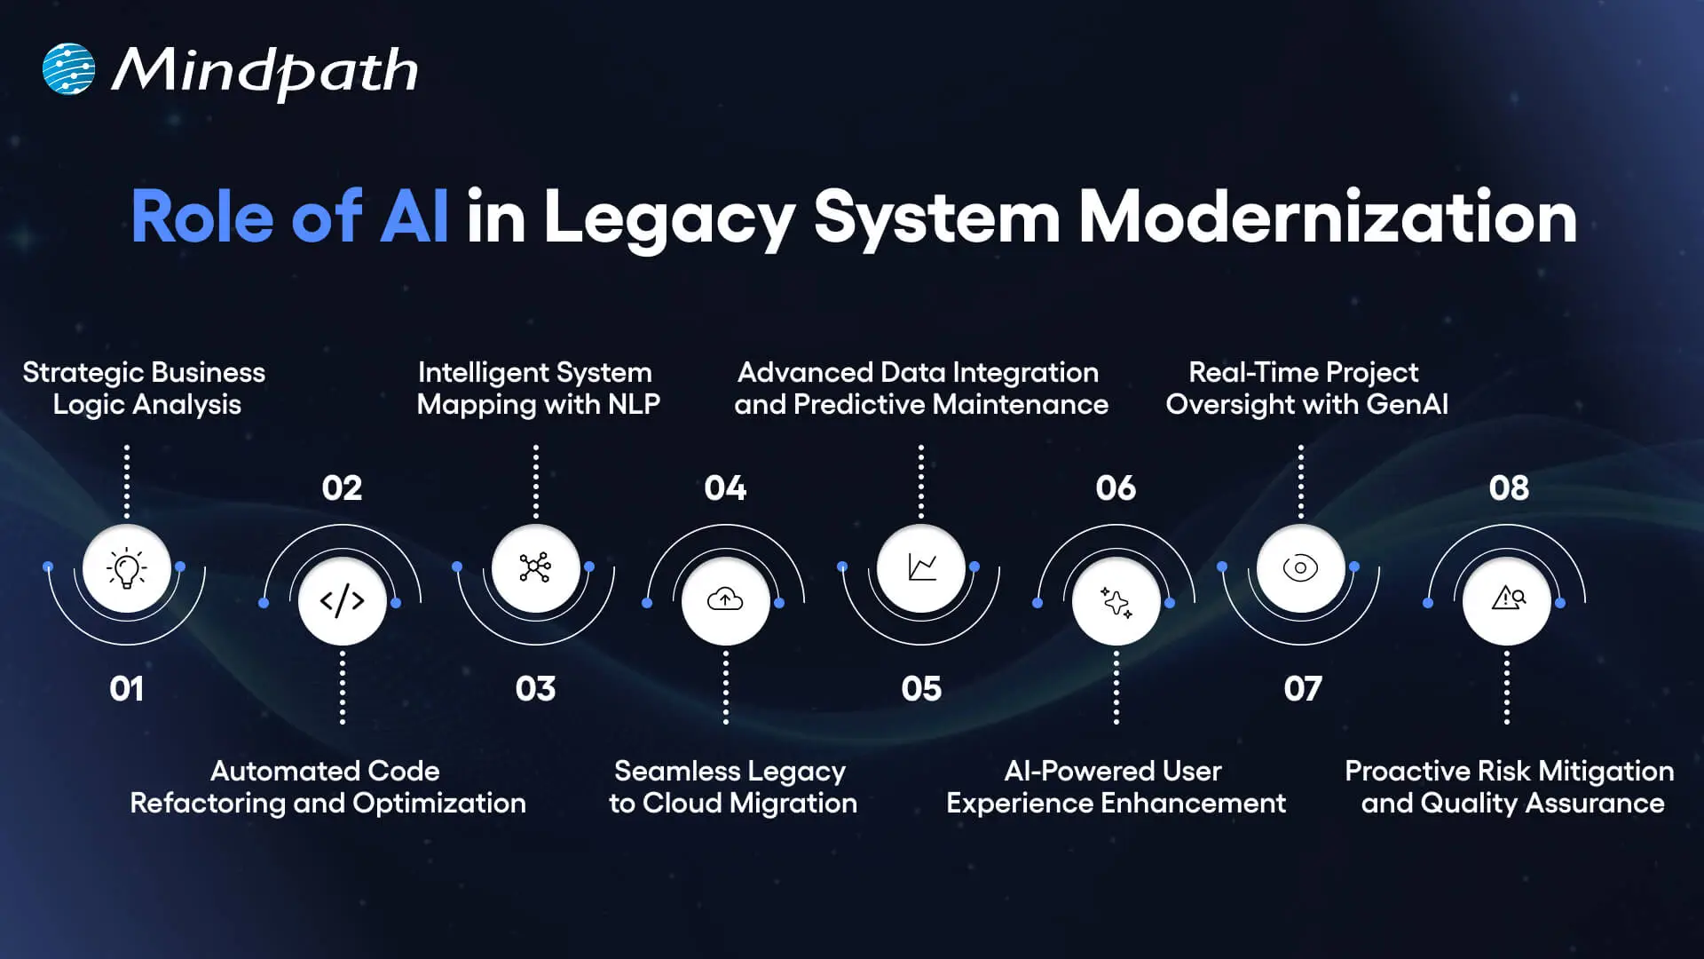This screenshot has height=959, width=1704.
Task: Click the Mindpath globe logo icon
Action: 68,69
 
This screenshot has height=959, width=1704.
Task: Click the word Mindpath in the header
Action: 264,71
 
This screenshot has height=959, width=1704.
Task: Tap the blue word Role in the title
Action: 202,217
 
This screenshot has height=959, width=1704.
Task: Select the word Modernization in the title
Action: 1327,217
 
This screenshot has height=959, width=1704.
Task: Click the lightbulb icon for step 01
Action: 127,568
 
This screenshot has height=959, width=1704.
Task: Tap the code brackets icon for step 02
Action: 343,601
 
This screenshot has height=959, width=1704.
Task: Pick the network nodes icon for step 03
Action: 535,567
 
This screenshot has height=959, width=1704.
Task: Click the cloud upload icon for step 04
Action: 725,601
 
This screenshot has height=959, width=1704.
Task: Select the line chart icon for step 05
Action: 921,567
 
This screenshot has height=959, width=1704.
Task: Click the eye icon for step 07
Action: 1300,567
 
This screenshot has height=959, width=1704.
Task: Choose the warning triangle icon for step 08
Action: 1507,599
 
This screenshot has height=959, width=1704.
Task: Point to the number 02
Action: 342,487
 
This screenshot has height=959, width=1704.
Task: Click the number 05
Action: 921,689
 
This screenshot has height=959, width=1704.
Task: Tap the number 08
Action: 1509,487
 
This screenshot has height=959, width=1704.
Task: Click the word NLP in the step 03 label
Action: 634,405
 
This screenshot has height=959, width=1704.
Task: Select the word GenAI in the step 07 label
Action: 1407,405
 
